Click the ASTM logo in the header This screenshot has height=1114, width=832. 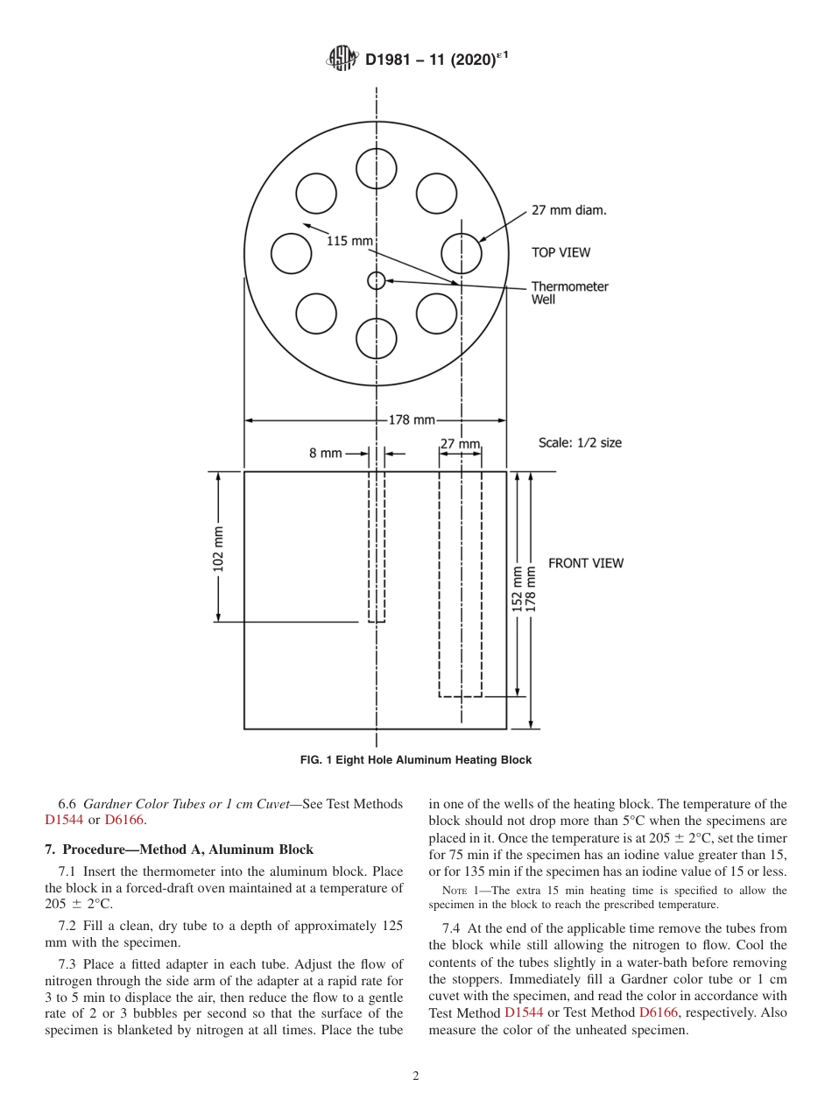(x=342, y=59)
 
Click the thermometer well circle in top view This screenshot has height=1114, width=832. (x=377, y=280)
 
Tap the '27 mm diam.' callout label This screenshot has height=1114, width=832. (x=569, y=210)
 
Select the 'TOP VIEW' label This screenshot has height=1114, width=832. (x=561, y=252)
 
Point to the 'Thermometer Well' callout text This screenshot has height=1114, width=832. (x=569, y=293)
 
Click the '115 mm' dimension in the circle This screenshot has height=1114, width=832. (x=349, y=240)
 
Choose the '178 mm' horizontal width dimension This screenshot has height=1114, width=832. (x=412, y=420)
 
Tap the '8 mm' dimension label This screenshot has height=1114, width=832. (x=325, y=454)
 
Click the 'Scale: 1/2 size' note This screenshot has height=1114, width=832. (x=580, y=442)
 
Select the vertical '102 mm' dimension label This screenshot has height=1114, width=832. (x=218, y=548)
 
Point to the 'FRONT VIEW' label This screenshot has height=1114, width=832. (x=586, y=563)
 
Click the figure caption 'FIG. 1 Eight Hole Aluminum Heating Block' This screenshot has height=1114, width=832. (x=416, y=760)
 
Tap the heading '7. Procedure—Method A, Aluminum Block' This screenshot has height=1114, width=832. (x=179, y=850)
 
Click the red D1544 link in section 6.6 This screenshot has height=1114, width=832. (x=64, y=820)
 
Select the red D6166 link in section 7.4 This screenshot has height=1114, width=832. (x=661, y=1012)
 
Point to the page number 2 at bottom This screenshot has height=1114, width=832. (x=416, y=1076)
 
